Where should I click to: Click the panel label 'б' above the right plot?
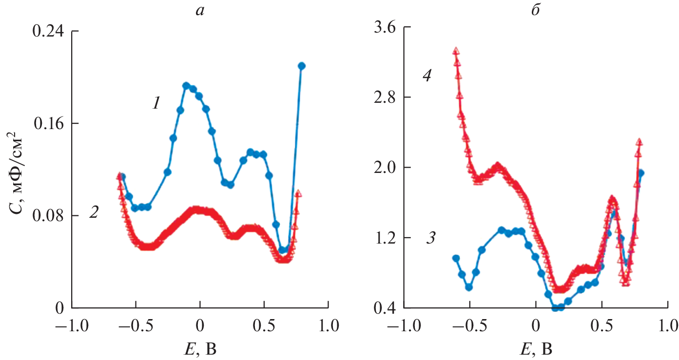535,10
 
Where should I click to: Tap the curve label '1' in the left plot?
155,103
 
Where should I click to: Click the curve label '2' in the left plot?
94,213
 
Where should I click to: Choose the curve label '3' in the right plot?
431,239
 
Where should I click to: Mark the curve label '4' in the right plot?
427,76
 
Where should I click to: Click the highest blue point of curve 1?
301,66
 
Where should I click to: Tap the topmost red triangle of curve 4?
456,51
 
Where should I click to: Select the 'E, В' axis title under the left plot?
199,347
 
